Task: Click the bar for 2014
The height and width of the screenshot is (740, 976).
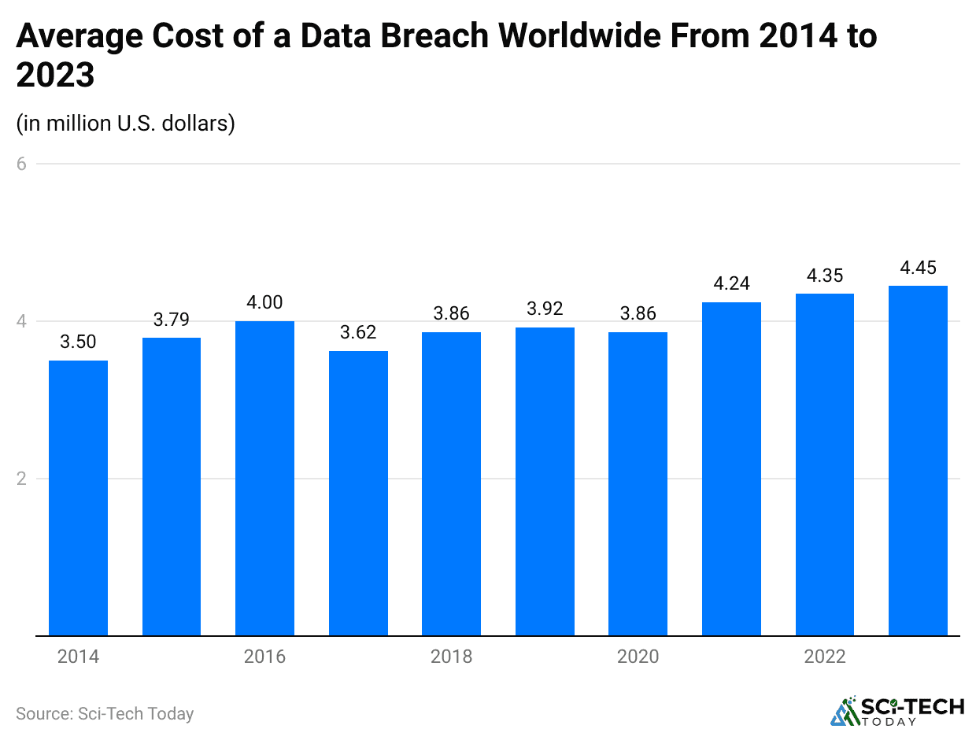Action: point(78,498)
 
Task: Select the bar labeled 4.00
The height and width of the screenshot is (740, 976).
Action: point(264,478)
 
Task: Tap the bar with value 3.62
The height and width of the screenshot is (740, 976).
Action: point(358,493)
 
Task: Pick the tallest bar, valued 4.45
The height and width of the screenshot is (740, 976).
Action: point(918,461)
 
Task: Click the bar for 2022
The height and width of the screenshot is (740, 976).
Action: point(824,464)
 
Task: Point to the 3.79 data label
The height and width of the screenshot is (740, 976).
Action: point(172,320)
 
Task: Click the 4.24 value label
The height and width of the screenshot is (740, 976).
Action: point(731,284)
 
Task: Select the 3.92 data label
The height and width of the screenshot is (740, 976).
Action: point(545,309)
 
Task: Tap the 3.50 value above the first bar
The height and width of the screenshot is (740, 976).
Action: point(78,342)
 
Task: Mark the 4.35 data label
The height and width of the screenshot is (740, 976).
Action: point(824,276)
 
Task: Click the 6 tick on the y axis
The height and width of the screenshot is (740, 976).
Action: point(22,164)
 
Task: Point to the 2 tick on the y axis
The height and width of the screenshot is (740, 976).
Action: point(22,479)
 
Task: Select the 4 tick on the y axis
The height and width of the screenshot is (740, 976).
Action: point(22,321)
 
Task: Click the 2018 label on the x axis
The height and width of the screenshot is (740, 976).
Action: point(451,657)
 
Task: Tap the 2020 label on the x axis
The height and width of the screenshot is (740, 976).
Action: point(638,657)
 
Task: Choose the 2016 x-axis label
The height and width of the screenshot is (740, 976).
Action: point(264,657)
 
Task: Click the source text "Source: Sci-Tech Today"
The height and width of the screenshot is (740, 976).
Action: point(105,713)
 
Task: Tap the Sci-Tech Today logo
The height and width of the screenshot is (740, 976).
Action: point(897,710)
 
